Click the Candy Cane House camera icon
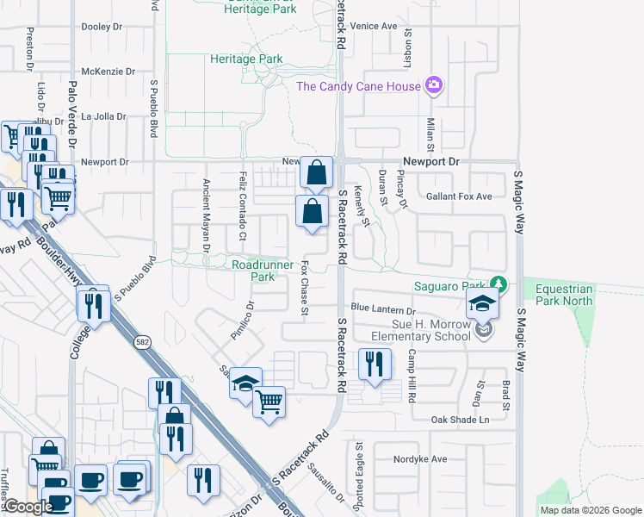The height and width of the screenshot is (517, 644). click(x=434, y=85)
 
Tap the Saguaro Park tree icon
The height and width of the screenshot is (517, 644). click(x=497, y=283)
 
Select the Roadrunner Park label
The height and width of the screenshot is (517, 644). click(x=253, y=271)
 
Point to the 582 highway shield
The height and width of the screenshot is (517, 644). click(x=140, y=343)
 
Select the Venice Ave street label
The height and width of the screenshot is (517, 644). click(x=373, y=26)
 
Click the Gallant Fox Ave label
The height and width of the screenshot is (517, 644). click(x=459, y=196)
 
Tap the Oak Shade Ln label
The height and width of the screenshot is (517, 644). click(x=460, y=420)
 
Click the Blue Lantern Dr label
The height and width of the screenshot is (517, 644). click(x=383, y=308)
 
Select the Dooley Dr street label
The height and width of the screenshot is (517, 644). click(x=102, y=27)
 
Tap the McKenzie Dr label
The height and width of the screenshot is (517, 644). click(x=104, y=72)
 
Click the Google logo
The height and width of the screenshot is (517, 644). click(x=28, y=507)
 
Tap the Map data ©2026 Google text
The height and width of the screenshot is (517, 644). click(x=591, y=510)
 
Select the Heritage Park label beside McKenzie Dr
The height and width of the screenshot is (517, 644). click(x=246, y=59)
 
